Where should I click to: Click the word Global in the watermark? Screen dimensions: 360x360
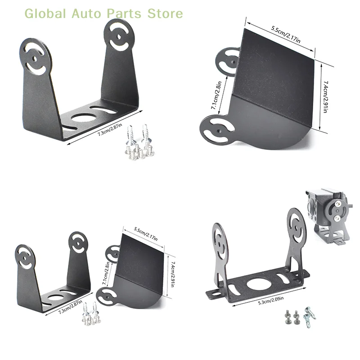[x=45, y=13]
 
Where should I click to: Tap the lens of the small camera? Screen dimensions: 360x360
[x=311, y=207]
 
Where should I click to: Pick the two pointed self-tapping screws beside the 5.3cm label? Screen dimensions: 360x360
[x=310, y=314]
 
